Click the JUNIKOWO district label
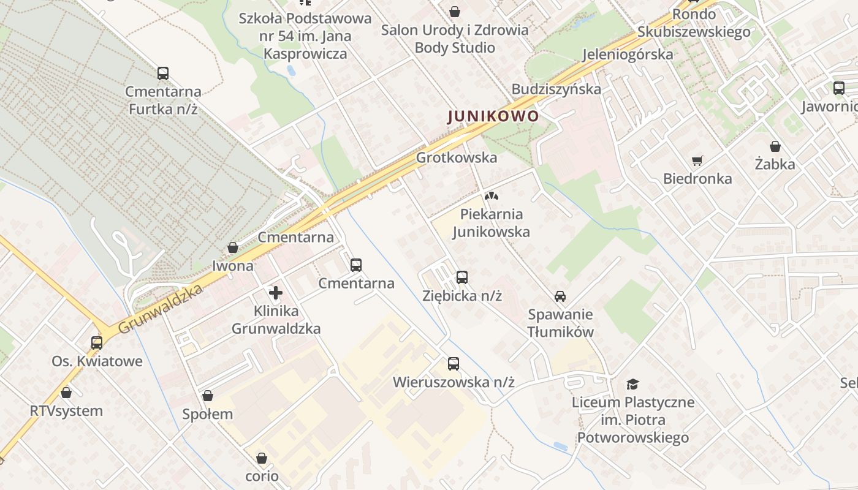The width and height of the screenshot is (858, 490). point(493,116)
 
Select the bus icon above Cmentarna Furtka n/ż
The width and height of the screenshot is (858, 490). point(163,73)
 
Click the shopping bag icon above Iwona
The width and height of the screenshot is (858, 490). point(233,247)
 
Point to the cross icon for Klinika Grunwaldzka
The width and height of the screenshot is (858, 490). point(276,293)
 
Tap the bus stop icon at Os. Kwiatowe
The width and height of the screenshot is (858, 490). point(97,343)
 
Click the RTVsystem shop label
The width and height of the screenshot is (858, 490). point(66,410)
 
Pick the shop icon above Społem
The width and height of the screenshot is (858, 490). point(208,396)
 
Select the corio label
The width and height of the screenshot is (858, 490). point(262,476)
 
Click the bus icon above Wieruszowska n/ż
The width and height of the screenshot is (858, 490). point(454,364)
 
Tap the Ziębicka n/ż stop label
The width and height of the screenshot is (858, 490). point(462,295)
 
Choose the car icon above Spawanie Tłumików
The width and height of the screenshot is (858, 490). point(560,296)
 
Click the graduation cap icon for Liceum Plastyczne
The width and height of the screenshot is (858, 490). point(633,384)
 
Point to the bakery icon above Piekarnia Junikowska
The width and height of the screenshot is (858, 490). point(490,196)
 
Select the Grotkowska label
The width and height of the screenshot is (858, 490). point(457,157)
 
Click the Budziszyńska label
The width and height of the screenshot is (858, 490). point(556,89)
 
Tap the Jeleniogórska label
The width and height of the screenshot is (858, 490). point(628,54)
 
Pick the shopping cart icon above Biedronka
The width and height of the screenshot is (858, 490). point(697,161)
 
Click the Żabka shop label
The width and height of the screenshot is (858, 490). point(775,164)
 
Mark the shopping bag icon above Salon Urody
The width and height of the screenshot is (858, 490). point(455,12)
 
